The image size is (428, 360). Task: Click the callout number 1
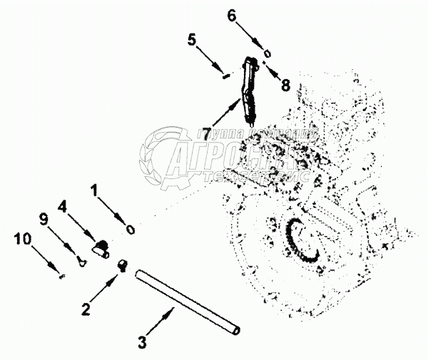pos(95,190)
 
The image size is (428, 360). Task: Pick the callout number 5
pos(192,40)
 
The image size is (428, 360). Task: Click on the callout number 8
pos(285,85)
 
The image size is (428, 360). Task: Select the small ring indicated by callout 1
pos(131,230)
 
